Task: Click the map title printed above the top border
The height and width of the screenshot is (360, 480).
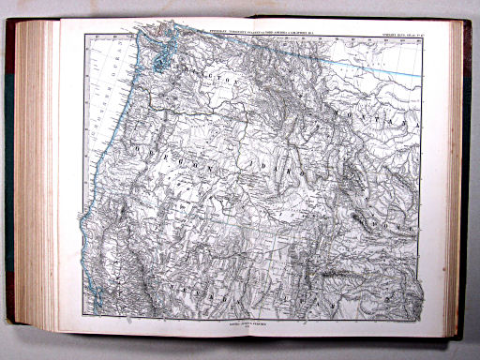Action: point(254,32)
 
